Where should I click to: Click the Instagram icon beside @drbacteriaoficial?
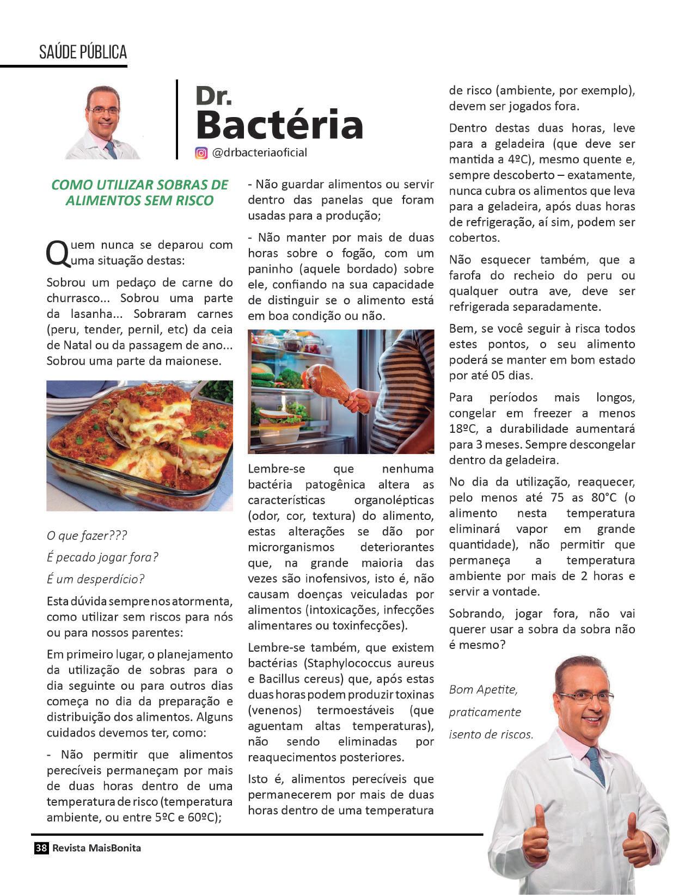201,153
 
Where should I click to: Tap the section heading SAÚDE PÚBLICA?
83,52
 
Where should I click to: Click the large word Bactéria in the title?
279,125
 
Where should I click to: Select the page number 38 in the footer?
41,848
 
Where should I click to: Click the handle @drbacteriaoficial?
259,153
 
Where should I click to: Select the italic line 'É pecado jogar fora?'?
102,557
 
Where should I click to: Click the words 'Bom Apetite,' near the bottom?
483,690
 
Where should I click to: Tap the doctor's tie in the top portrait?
111,149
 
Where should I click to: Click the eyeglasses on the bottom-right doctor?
586,697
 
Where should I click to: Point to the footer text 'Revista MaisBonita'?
96,848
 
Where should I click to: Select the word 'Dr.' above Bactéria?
213,96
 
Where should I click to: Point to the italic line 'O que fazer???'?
87,536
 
